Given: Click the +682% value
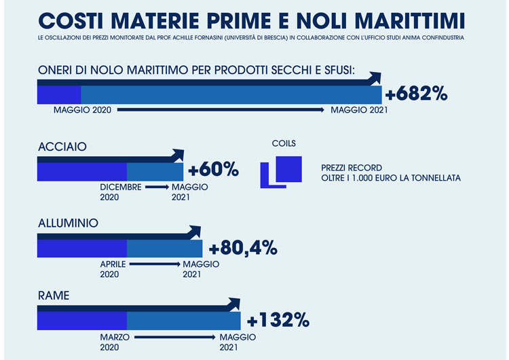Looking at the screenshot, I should [x=416, y=94].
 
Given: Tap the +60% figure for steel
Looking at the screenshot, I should [x=213, y=169].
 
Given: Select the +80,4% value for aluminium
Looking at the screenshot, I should [x=244, y=248].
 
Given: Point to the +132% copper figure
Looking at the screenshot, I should [x=278, y=319].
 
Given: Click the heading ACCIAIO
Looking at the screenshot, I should [x=62, y=146].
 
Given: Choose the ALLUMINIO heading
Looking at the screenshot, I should [x=69, y=223].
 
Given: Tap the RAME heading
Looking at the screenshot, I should [x=54, y=295].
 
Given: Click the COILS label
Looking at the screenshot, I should [x=283, y=144].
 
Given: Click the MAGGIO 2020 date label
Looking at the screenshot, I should [x=81, y=110].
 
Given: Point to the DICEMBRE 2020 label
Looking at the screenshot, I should [x=120, y=192].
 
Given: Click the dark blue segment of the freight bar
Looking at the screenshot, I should [x=59, y=94].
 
